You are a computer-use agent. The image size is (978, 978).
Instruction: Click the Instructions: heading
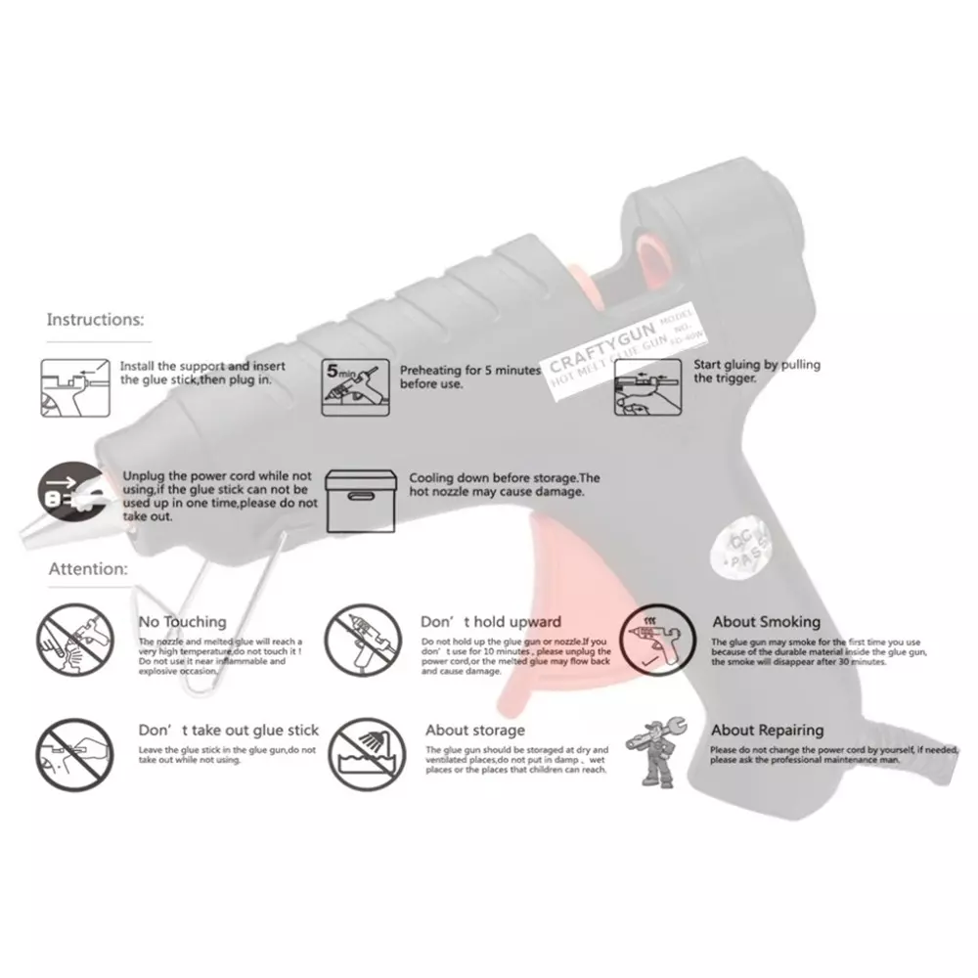[95, 319]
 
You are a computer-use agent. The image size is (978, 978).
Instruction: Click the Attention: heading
[88, 568]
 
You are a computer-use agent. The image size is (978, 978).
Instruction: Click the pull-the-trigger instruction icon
[645, 388]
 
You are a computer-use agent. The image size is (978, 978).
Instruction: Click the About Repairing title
[767, 730]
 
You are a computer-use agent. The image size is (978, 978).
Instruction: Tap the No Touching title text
[182, 621]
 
